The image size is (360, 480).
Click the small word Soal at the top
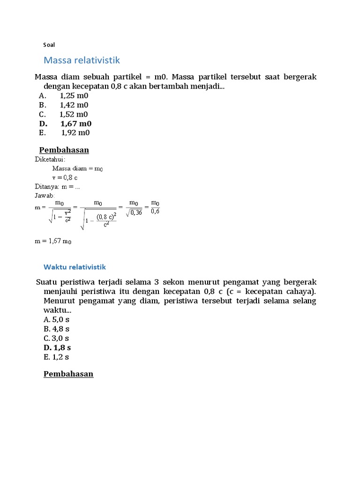point(49,45)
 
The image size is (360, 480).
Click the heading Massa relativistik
point(82,60)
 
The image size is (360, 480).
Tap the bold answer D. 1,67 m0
point(65,124)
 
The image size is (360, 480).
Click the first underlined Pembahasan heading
point(64,150)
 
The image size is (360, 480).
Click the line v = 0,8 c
point(65,178)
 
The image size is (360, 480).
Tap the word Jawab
point(45,195)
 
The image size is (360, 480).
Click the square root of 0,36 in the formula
point(134,212)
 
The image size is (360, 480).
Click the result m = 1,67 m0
point(53,241)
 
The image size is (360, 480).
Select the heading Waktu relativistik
point(75,267)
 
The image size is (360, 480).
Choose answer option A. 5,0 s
point(56,320)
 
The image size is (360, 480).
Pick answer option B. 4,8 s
point(56,329)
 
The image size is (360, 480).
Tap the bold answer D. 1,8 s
point(57,348)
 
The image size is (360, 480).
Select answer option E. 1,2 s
point(56,357)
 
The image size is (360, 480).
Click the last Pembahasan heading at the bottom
point(68,374)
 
